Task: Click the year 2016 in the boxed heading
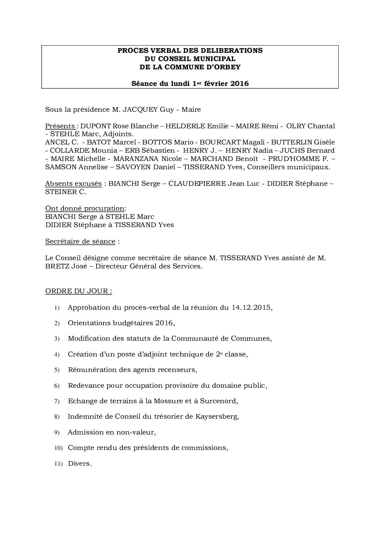click(240, 84)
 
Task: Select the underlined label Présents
click(60, 126)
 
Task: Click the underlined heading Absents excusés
click(73, 184)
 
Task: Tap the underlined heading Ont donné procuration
click(85, 208)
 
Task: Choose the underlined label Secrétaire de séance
click(80, 242)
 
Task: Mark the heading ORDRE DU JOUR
click(78, 291)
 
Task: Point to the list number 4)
click(57, 355)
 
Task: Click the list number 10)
click(58, 448)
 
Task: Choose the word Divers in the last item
click(79, 464)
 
